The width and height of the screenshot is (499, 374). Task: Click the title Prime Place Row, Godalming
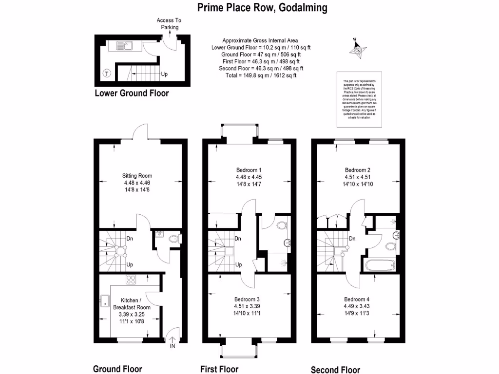pos(262,8)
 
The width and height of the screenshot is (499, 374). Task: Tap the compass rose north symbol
pos(358,48)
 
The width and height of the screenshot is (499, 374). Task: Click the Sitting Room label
pos(137,176)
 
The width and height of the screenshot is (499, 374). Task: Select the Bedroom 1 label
pos(246,170)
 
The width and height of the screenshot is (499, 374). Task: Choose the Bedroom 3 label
pos(247,299)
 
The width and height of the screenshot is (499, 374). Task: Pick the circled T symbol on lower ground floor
pos(107,74)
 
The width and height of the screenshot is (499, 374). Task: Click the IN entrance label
pos(172,347)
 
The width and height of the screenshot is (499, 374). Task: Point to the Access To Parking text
pos(169,24)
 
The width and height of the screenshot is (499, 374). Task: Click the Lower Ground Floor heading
pos(132,93)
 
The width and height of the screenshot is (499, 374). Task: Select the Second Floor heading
pos(335,370)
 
